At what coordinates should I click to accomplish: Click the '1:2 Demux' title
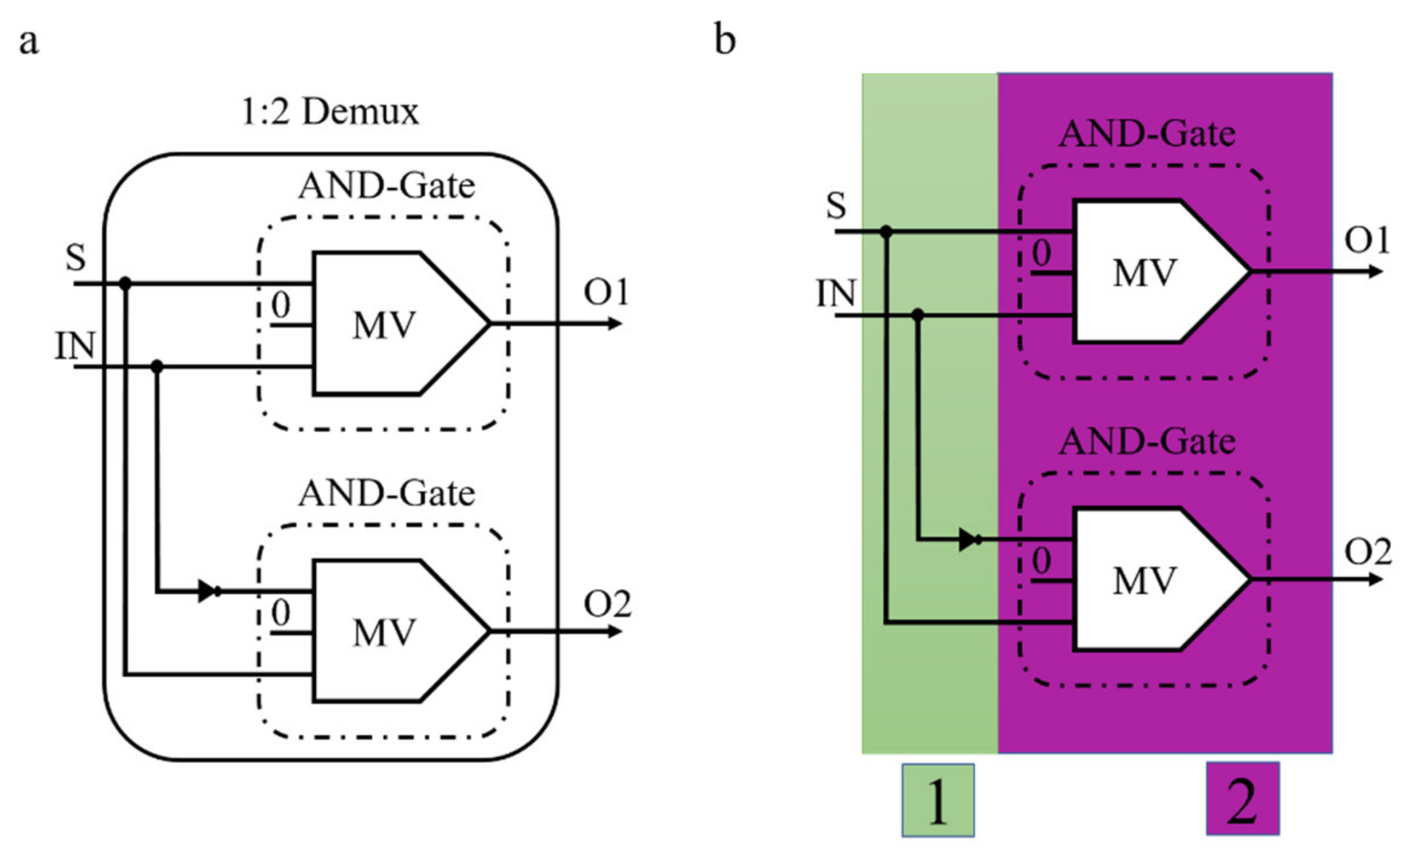click(330, 112)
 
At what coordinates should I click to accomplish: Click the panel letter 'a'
click(29, 41)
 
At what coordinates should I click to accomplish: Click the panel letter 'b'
click(725, 40)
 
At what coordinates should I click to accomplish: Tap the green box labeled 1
click(938, 800)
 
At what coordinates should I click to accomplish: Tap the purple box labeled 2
click(1242, 799)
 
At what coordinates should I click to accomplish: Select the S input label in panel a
click(76, 257)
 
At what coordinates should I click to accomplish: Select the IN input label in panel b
click(836, 294)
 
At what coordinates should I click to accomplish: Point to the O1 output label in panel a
click(605, 292)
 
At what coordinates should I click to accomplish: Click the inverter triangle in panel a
click(207, 591)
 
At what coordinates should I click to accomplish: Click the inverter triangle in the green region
click(967, 540)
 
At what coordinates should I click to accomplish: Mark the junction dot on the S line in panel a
click(125, 284)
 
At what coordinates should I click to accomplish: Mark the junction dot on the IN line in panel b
click(918, 315)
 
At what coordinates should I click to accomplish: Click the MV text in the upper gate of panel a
click(383, 326)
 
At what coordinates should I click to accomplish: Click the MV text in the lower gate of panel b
click(1144, 581)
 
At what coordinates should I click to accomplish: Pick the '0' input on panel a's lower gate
click(281, 613)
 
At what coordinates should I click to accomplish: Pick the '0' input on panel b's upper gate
click(1041, 253)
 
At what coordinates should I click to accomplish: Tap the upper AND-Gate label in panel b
click(1147, 135)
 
